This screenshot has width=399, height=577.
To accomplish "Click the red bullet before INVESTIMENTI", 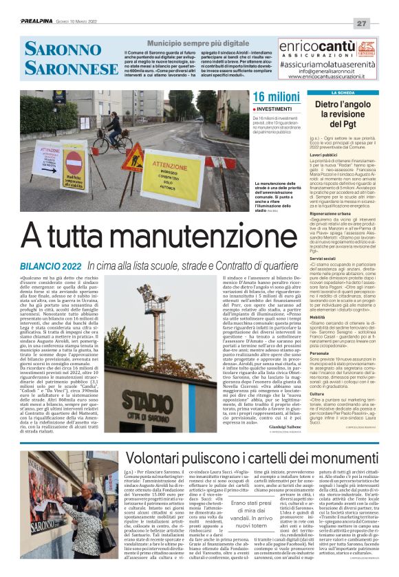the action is [x=255, y=109].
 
